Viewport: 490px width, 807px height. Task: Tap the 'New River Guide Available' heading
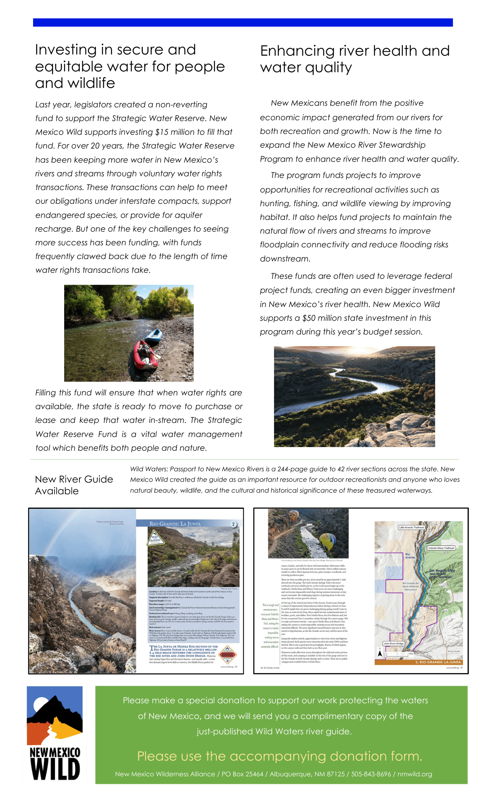pos(74,485)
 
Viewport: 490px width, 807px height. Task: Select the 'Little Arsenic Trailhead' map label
pos(412,527)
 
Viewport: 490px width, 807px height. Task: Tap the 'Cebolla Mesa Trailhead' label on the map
pos(441,548)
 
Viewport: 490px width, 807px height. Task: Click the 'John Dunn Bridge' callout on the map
pos(394,644)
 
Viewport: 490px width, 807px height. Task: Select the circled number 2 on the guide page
pos(233,524)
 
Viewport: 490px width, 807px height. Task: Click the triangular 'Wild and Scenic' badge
pos(155,538)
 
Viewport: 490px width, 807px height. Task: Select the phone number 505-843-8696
pos(371,774)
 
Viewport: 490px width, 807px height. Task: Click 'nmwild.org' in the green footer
pos(415,774)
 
